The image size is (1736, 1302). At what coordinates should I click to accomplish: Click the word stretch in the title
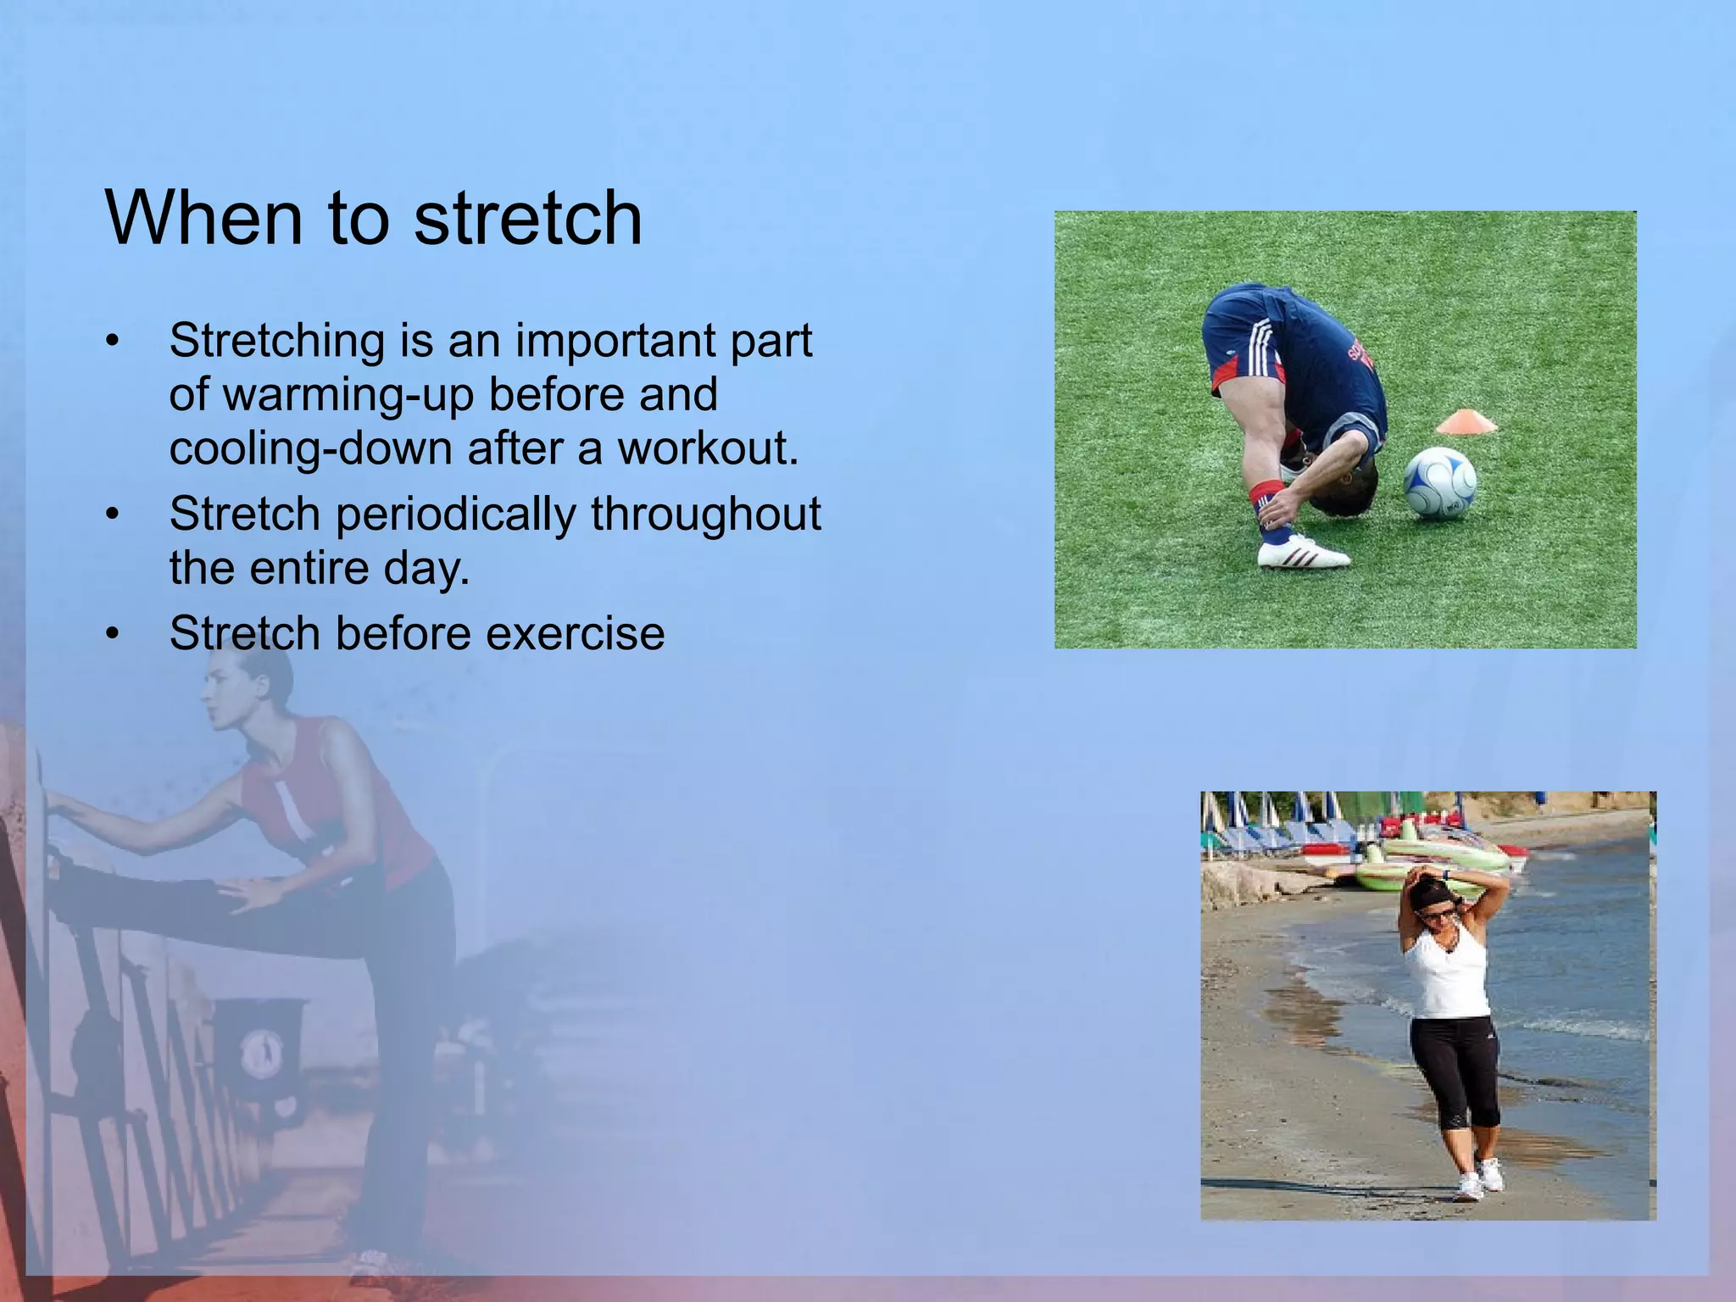coord(527,219)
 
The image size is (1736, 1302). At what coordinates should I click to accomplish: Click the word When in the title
coord(203,219)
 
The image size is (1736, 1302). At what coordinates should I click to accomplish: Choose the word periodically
coord(455,515)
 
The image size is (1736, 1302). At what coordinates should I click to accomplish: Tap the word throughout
coord(705,515)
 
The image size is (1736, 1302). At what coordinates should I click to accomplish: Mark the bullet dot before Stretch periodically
coord(114,515)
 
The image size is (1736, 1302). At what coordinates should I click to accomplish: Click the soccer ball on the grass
coord(1440,484)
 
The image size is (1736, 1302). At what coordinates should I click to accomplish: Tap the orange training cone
coord(1466,420)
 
